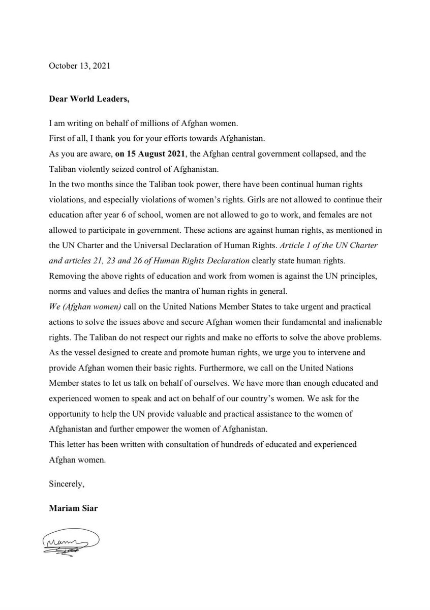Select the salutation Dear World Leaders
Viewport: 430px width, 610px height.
point(89,99)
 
